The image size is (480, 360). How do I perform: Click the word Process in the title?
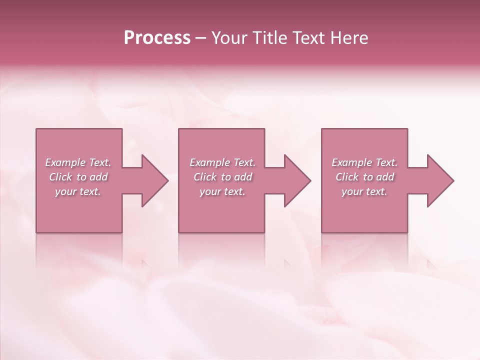point(157,38)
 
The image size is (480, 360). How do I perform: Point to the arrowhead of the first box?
point(155,180)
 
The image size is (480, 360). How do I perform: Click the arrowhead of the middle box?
point(297,180)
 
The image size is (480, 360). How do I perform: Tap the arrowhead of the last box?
point(440,180)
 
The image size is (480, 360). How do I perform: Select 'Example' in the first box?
point(65,162)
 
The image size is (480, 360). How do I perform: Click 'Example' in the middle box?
point(209,162)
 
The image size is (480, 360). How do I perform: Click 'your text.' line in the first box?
point(78,191)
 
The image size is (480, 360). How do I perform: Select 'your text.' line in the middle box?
point(222,191)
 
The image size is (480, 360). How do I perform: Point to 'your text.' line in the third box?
point(364,191)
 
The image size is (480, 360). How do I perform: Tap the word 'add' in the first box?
point(98,177)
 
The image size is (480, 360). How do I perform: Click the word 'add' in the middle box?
point(242,177)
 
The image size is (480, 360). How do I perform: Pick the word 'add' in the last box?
point(385,177)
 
